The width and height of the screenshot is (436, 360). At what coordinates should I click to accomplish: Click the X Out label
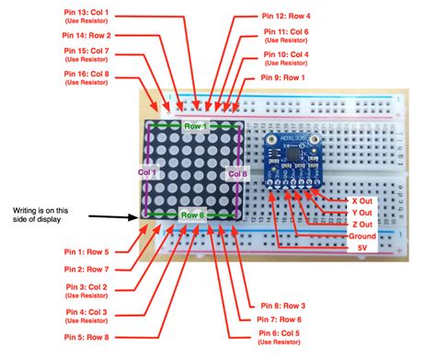click(362, 200)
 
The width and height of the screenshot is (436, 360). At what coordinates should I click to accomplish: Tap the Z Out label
click(361, 225)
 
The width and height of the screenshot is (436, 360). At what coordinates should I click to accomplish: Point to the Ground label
click(355, 236)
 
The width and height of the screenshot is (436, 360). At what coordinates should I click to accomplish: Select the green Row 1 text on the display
click(195, 126)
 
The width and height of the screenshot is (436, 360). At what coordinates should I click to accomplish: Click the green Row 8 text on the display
click(193, 215)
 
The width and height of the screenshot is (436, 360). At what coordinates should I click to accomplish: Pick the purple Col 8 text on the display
click(236, 172)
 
